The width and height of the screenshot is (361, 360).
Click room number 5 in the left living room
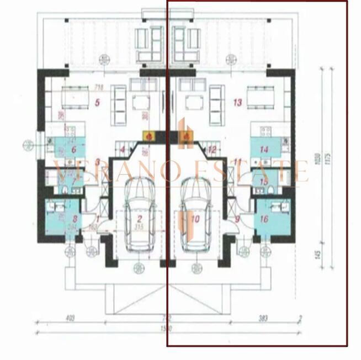[97, 102]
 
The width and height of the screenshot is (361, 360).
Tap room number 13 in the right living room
[238, 102]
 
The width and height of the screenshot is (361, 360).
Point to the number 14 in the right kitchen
[264, 149]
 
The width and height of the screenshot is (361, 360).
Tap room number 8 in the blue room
[67, 209]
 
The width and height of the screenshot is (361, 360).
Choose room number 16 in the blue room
[264, 219]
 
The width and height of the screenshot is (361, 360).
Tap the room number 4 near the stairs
[123, 149]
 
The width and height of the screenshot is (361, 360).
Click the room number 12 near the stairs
[212, 149]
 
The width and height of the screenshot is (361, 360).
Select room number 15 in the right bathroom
[264, 181]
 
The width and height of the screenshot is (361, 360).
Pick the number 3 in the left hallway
[97, 162]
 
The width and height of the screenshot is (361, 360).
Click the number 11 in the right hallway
[238, 162]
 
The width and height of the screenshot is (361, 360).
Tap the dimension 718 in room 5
[99, 87]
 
